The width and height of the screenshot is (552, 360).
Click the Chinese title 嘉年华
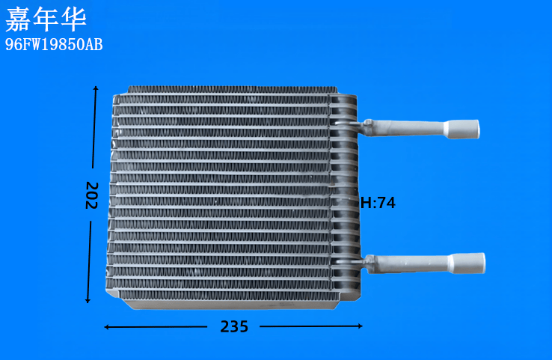pos(46,19)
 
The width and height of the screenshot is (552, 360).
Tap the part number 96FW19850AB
pos(54,45)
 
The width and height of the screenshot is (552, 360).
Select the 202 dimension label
pos(91,195)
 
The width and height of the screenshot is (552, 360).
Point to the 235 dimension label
pos(234,326)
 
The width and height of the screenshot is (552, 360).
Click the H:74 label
pos(378,203)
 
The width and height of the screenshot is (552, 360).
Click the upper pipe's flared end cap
pos(462,129)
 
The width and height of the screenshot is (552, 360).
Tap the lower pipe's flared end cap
pos(467,263)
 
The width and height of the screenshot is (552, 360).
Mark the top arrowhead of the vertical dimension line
pos(96,88)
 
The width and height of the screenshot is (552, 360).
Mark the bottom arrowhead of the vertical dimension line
pos(88,300)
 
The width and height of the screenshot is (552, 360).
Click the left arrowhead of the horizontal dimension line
pos(107,327)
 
